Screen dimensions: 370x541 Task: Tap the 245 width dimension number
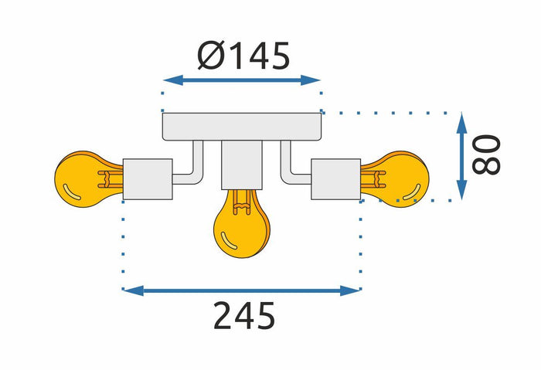pyautogui.click(x=244, y=317)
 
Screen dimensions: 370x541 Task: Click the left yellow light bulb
pyautogui.click(x=87, y=178)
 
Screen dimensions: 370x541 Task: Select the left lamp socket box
pyautogui.click(x=148, y=178)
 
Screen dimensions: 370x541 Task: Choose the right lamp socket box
pyautogui.click(x=335, y=178)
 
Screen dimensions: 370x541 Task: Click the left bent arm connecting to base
pyautogui.click(x=190, y=167)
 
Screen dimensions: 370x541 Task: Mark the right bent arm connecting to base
pyautogui.click(x=294, y=167)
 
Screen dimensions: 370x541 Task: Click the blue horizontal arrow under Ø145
pyautogui.click(x=242, y=80)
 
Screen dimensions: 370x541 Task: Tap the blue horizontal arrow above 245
pyautogui.click(x=242, y=290)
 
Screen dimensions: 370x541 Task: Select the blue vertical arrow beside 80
pyautogui.click(x=462, y=155)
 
